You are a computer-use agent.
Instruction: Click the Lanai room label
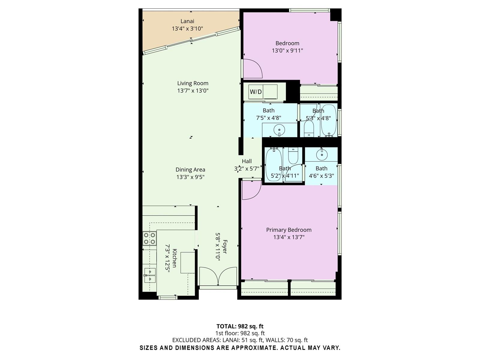pos(187,21)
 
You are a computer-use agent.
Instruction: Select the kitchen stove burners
pos(149,238)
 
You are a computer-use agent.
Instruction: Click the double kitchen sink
pos(150,275)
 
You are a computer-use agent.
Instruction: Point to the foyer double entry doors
pos(218,276)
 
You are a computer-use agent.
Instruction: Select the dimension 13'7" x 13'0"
pos(193,91)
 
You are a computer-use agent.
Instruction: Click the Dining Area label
pos(190,169)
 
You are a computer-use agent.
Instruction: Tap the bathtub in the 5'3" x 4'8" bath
pos(329,120)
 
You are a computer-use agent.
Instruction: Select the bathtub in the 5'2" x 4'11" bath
pos(273,164)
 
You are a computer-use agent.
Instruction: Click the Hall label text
pos(247,161)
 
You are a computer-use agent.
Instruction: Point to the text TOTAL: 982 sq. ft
pos(240,326)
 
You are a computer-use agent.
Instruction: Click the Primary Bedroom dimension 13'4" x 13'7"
pos(289,237)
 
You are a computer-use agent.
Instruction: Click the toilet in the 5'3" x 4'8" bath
pos(309,129)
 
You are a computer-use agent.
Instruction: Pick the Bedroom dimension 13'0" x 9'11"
pos(287,51)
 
